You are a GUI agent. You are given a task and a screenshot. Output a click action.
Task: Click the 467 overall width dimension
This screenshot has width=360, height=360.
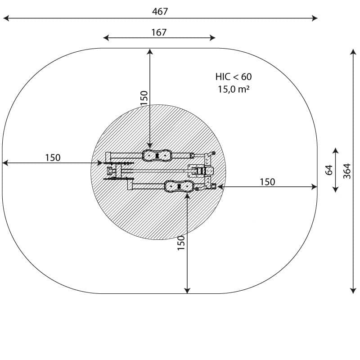coord(160,12)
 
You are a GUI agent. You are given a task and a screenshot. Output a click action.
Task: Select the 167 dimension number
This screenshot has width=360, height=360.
coord(159,32)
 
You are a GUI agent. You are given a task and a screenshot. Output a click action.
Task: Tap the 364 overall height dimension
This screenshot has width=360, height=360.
coord(347,171)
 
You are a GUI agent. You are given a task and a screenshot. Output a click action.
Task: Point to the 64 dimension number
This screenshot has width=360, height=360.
coord(329,170)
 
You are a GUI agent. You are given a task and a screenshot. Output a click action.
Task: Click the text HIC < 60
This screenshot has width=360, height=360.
coord(234,76)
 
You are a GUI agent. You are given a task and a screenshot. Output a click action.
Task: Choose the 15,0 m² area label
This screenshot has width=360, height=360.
coord(234,89)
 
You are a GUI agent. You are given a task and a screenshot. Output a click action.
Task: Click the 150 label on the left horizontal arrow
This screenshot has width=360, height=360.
coord(53,158)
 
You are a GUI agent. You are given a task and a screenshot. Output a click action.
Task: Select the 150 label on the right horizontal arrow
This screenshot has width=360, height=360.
coord(267,182)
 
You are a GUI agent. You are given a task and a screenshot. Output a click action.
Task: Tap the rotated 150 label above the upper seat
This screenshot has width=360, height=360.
coord(144,98)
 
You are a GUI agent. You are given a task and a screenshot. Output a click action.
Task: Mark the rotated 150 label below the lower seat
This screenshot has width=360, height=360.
coord(181,243)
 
